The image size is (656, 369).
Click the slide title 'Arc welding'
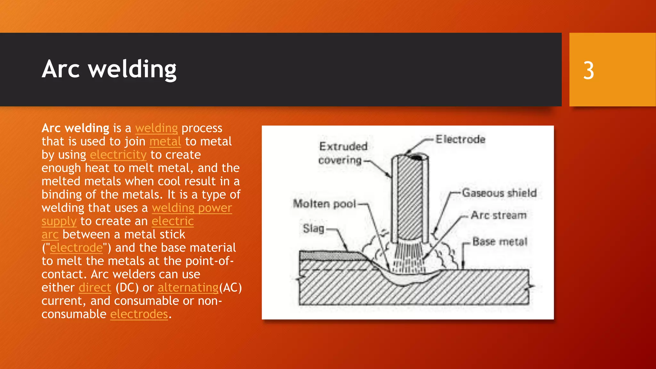point(109,69)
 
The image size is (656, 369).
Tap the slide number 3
point(588,70)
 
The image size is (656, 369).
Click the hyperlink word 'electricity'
point(118,155)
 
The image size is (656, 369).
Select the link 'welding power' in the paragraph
point(192,208)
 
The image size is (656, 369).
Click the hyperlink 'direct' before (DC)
point(95,288)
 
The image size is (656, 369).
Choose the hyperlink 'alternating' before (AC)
point(188,288)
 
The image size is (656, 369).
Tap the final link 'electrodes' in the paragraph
point(139,314)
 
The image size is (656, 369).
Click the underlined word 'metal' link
point(165,142)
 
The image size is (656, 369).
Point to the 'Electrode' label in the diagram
point(460,139)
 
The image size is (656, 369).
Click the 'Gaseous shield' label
point(499,193)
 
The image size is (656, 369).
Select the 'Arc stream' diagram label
point(498,215)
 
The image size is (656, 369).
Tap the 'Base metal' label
point(500,242)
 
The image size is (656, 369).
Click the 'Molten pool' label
point(324,204)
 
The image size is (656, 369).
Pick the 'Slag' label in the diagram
point(313,229)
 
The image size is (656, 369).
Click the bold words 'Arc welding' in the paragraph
point(75,128)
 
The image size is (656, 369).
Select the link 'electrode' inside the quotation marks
point(76,248)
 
